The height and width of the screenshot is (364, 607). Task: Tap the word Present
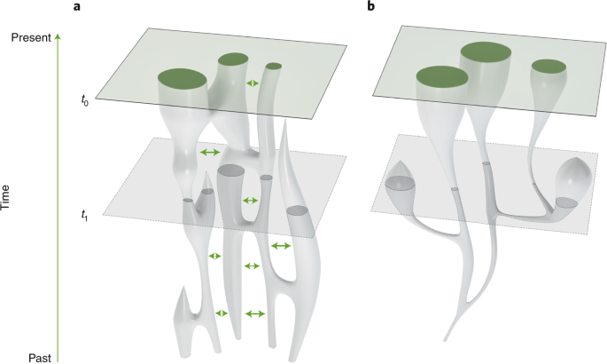point(29,37)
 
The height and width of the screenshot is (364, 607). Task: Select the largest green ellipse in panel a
point(182,79)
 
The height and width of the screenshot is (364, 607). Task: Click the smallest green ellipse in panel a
point(273,66)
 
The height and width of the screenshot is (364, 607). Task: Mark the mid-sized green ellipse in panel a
point(234,60)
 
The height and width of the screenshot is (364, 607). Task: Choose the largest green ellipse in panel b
point(487,52)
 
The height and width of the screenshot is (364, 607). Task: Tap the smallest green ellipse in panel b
point(549,66)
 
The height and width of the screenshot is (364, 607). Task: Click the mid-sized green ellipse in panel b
point(441,77)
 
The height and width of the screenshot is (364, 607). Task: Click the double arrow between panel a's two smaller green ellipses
point(253,83)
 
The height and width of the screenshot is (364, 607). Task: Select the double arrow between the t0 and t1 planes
point(210,153)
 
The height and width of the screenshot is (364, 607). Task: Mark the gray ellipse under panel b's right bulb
point(567,202)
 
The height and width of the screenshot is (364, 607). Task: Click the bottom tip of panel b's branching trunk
point(441,342)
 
